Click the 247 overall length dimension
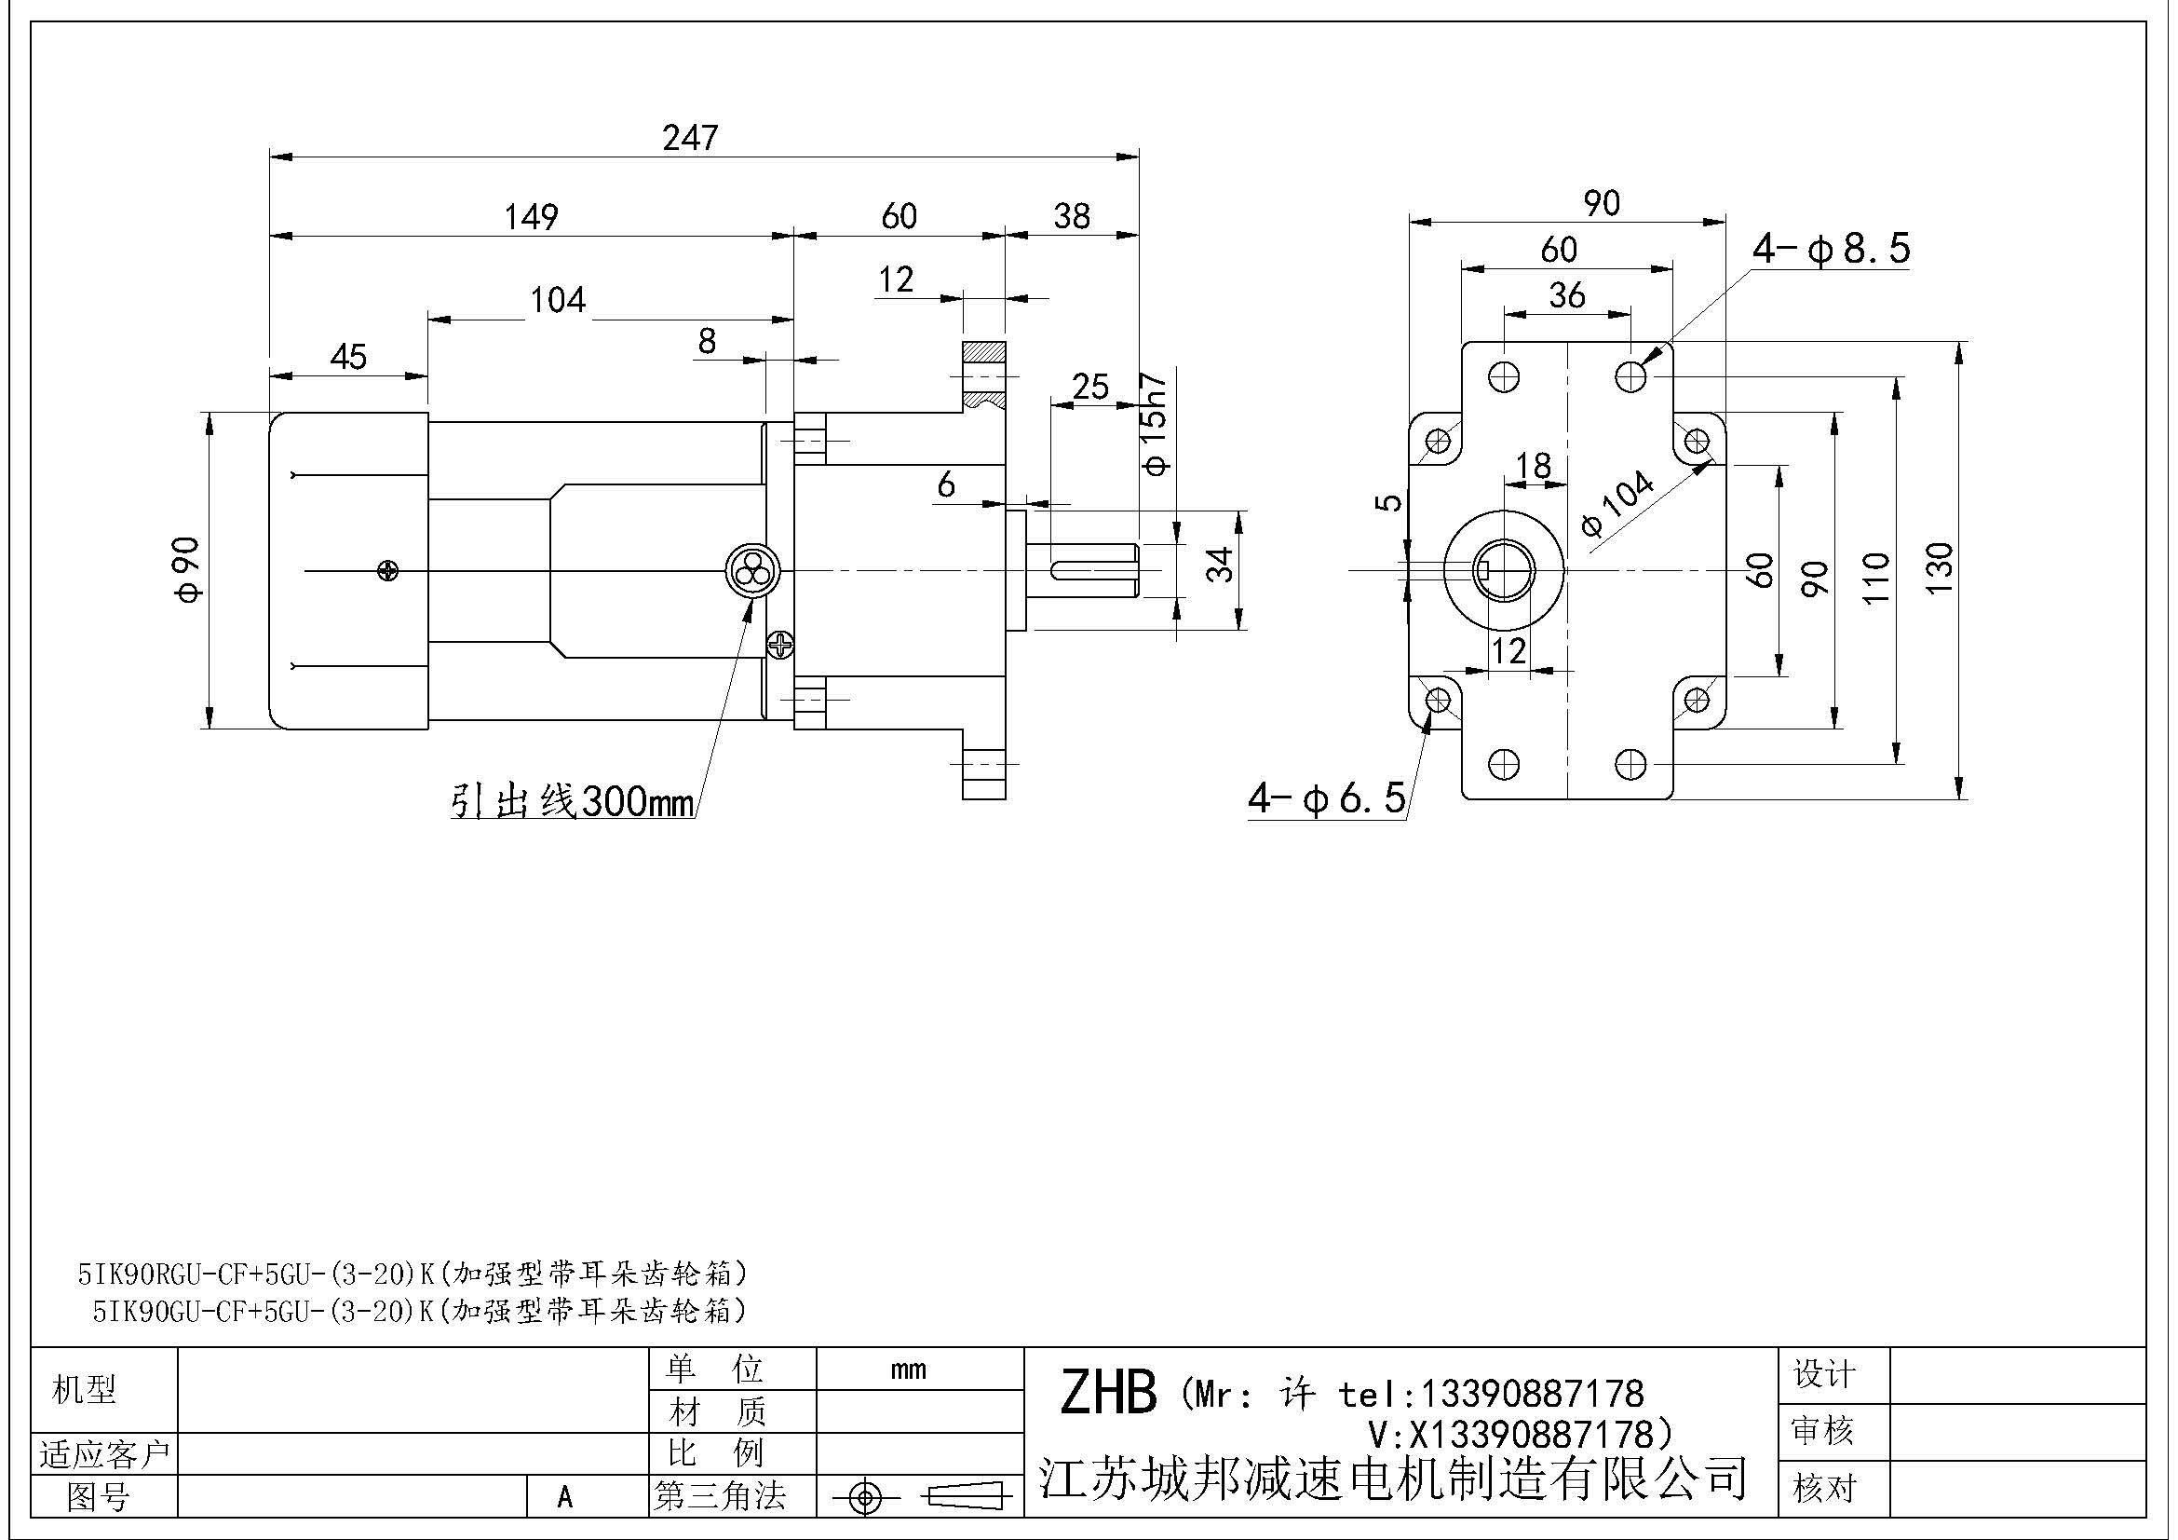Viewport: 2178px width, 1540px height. tap(690, 139)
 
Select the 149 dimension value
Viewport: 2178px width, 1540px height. tap(531, 217)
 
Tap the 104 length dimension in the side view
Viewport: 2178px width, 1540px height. tap(557, 301)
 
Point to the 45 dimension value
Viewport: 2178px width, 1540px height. tap(348, 357)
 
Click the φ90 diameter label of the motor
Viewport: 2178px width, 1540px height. tap(190, 568)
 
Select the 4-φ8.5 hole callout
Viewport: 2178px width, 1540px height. tap(1830, 249)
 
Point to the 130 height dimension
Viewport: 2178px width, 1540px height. tap(1941, 567)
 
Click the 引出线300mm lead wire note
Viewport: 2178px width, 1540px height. tap(572, 802)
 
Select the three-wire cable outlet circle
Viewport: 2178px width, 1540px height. tap(751, 571)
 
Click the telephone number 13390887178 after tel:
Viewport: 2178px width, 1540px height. tap(1530, 1394)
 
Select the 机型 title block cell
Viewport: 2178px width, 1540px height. tap(85, 1390)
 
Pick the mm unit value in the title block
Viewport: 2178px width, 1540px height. tap(908, 1370)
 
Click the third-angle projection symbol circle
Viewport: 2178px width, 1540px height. tap(864, 1498)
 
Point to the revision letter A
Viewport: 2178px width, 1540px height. tap(565, 1497)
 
